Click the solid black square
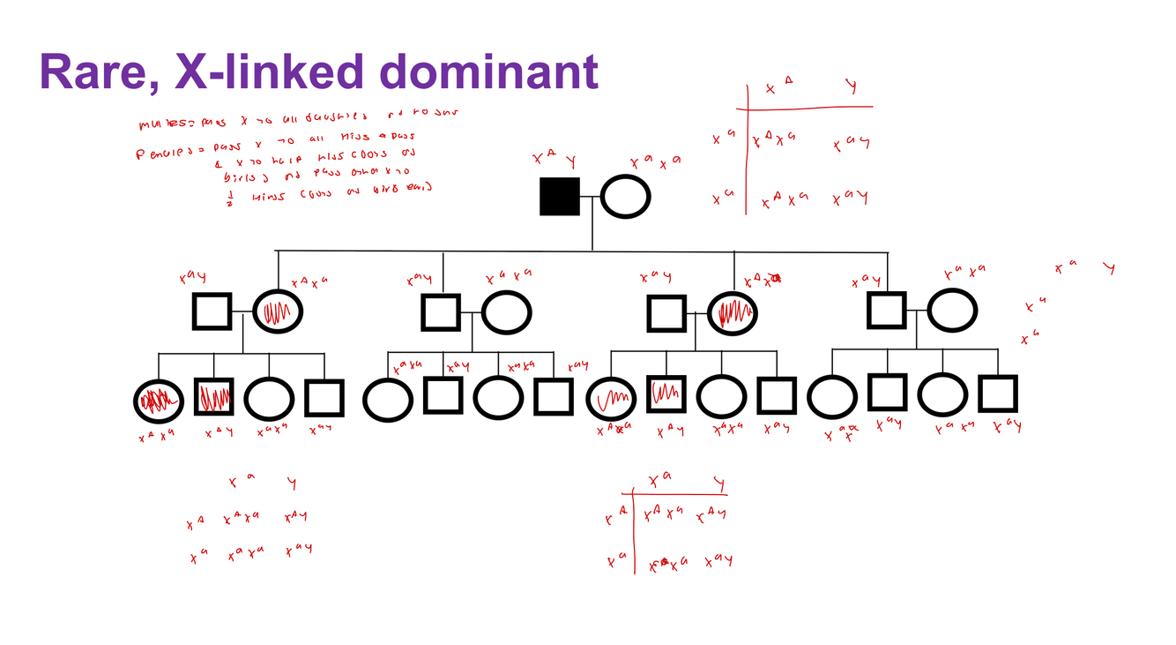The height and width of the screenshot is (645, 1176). coord(560,196)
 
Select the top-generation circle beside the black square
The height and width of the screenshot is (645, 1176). coord(626,196)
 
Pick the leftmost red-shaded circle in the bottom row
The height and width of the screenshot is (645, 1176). coord(159,401)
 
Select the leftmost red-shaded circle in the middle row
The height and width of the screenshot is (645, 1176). coord(278,311)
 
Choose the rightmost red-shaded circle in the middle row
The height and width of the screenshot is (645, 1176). coord(733,311)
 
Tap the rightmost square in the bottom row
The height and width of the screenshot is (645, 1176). coord(997,394)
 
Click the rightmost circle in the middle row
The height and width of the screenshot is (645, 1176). coord(952,311)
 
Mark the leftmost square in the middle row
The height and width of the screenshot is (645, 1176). coord(212,311)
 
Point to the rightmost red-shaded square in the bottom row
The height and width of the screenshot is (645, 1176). coord(667,394)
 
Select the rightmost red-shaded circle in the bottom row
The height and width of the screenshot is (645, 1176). coord(612,399)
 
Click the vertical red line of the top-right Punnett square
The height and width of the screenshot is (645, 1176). coord(747,150)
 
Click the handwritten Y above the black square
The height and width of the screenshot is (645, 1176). coord(571,161)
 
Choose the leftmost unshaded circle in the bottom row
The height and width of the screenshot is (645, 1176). coord(270,399)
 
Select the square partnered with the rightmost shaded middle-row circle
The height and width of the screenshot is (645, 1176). coord(667,312)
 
